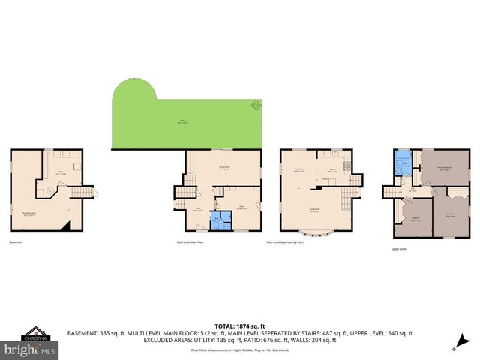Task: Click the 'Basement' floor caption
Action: click(16, 241)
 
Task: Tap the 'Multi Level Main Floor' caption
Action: click(191, 242)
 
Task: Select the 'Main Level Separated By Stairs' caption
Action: click(284, 242)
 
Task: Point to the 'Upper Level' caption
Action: click(398, 247)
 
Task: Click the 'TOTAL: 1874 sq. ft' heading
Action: click(239, 325)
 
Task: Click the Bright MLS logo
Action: click(30, 349)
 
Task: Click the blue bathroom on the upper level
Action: click(404, 166)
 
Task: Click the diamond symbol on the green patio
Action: click(255, 106)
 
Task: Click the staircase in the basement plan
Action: click(80, 193)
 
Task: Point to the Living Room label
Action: click(314, 211)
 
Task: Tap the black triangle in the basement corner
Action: click(68, 226)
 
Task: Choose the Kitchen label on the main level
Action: click(331, 169)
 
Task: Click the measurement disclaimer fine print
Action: click(239, 350)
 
